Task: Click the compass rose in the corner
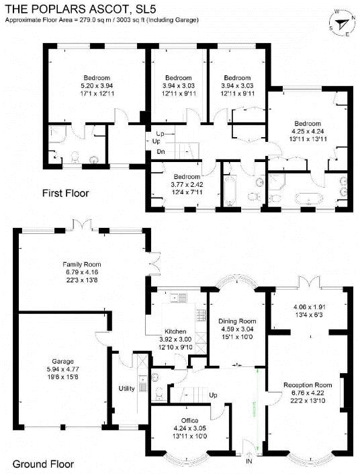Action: tap(343, 24)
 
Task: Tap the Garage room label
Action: tap(63, 361)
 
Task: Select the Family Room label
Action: tap(82, 264)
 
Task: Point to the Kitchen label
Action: tap(175, 331)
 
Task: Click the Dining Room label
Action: tap(237, 321)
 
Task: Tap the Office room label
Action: tap(190, 420)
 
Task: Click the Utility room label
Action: tap(126, 389)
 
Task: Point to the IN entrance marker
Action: tap(249, 461)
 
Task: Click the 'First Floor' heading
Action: tap(66, 193)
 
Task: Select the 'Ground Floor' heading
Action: tap(43, 464)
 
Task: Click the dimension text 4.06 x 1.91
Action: tap(310, 307)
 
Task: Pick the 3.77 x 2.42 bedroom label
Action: tap(187, 184)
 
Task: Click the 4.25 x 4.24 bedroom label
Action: tap(308, 131)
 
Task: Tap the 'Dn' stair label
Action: tap(161, 152)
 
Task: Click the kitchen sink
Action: tap(178, 297)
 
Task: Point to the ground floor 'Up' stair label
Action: tap(213, 395)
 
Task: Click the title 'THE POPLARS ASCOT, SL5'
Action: tap(81, 9)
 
